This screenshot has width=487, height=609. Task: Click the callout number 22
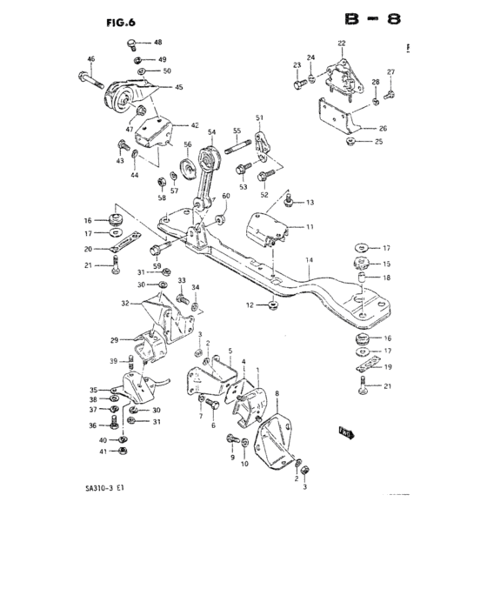[342, 43]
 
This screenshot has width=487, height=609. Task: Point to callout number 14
[308, 260]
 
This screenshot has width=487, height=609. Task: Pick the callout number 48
[157, 43]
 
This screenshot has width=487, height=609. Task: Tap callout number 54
[211, 132]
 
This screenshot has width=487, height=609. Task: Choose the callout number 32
[125, 304]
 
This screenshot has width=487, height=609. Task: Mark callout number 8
[277, 394]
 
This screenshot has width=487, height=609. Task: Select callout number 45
[178, 87]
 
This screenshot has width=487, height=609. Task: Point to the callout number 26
[383, 128]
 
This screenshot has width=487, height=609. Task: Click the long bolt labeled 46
[92, 84]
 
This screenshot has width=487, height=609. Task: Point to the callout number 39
[113, 361]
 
